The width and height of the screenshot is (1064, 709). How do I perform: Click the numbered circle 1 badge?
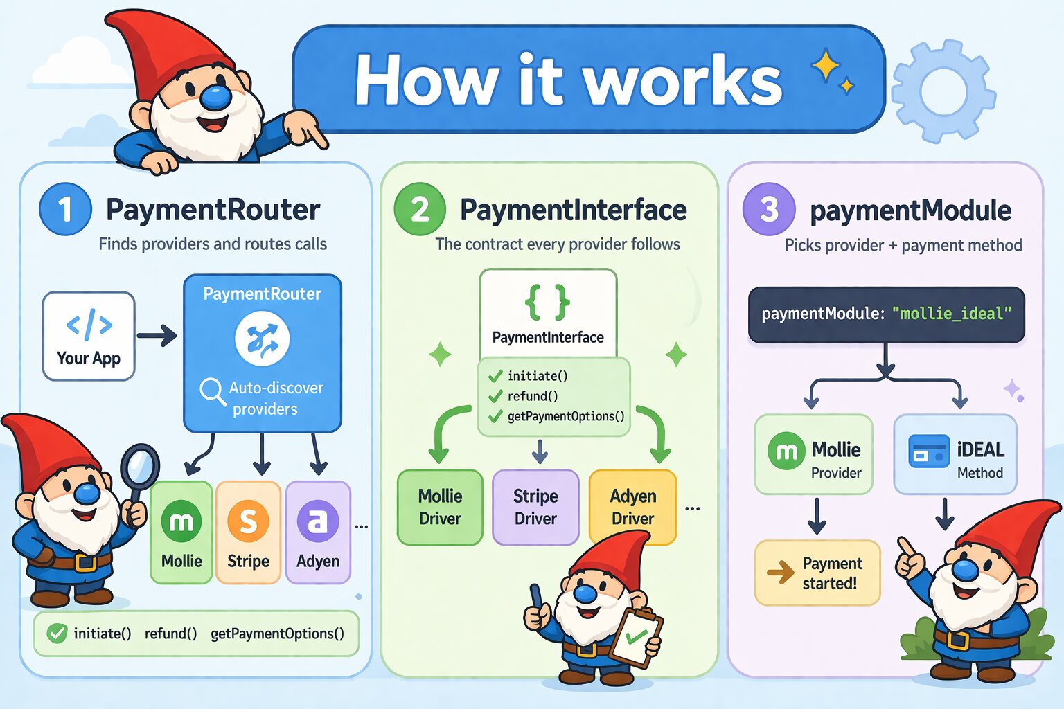click(x=65, y=209)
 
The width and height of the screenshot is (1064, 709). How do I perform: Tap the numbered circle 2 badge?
click(x=420, y=209)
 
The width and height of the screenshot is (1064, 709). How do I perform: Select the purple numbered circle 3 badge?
click(x=768, y=209)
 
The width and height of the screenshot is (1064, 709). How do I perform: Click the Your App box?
click(x=89, y=336)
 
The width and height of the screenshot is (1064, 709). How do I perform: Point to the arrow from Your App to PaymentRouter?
click(x=157, y=336)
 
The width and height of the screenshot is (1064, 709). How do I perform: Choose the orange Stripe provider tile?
click(x=248, y=532)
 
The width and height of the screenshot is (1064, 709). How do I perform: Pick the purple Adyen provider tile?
click(x=318, y=532)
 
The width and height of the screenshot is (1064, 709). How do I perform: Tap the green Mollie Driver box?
click(x=440, y=507)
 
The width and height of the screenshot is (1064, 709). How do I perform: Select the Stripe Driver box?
click(x=535, y=507)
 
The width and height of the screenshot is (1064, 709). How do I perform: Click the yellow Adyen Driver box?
click(x=632, y=507)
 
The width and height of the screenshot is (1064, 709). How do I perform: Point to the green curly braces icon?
click(x=547, y=302)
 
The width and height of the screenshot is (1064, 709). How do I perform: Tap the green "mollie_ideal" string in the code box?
click(x=951, y=314)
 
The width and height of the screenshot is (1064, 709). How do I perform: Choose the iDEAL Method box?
click(x=955, y=454)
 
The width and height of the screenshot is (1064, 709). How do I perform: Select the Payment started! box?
click(x=817, y=573)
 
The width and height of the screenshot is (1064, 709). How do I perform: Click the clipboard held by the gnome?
click(x=637, y=636)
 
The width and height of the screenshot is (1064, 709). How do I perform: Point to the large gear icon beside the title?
click(x=943, y=91)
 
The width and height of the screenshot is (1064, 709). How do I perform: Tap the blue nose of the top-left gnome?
click(x=216, y=98)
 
